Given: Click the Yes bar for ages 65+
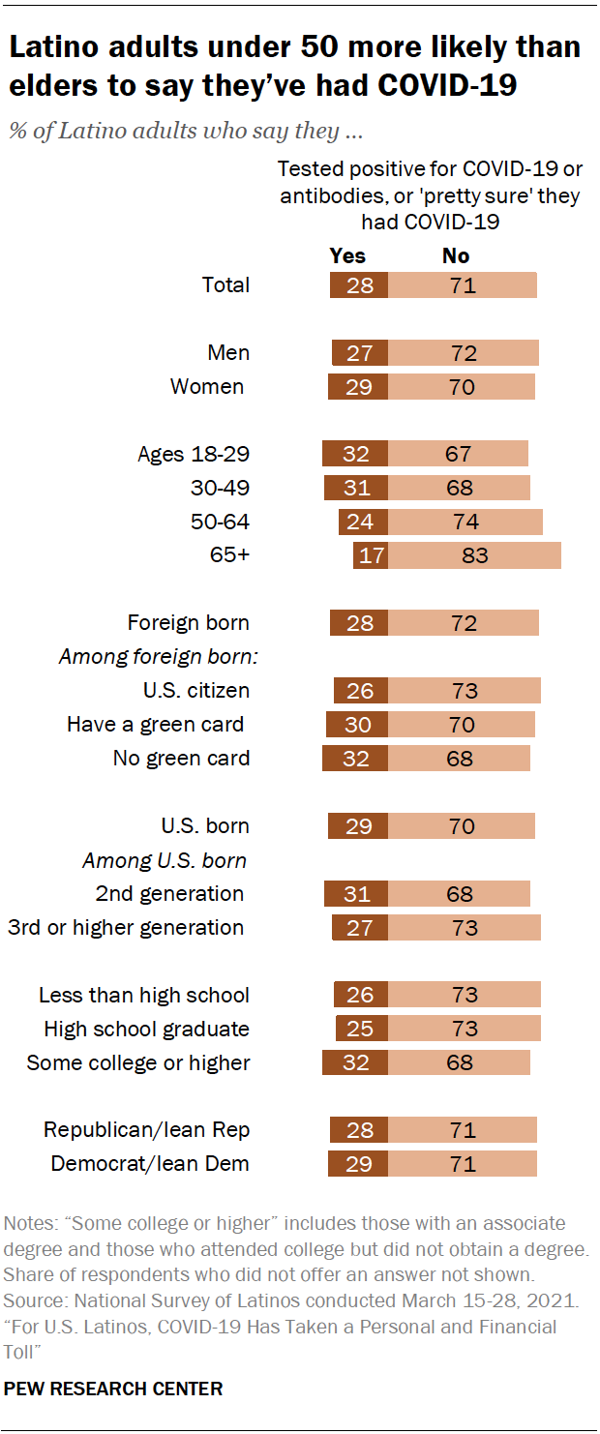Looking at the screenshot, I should pos(371,555).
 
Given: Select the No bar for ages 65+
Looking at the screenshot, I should pos(474,555).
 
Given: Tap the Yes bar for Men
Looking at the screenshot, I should pos(359,352).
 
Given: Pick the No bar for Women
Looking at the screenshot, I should pos(461,386).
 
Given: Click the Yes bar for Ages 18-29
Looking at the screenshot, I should pos(355,454).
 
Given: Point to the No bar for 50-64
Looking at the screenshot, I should pos(465,522).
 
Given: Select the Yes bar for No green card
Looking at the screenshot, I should pos(355,758).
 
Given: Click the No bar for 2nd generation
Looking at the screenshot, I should pos(459,893).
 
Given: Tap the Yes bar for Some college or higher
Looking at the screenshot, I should pos(355,1062).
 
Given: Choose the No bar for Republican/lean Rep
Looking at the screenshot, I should pos(462,1130).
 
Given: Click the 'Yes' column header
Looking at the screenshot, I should pos(347,255).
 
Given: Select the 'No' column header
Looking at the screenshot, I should pos(456,255).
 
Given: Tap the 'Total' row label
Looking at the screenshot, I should pos(225,284).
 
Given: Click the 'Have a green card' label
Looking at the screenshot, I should pos(155,724).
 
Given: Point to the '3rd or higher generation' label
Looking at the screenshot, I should pos(126,927).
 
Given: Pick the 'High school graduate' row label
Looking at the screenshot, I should pos(147,1029).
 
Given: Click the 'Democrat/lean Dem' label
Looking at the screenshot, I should pos(150,1164).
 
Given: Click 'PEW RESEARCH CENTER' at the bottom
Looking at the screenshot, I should pos(113,1389).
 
